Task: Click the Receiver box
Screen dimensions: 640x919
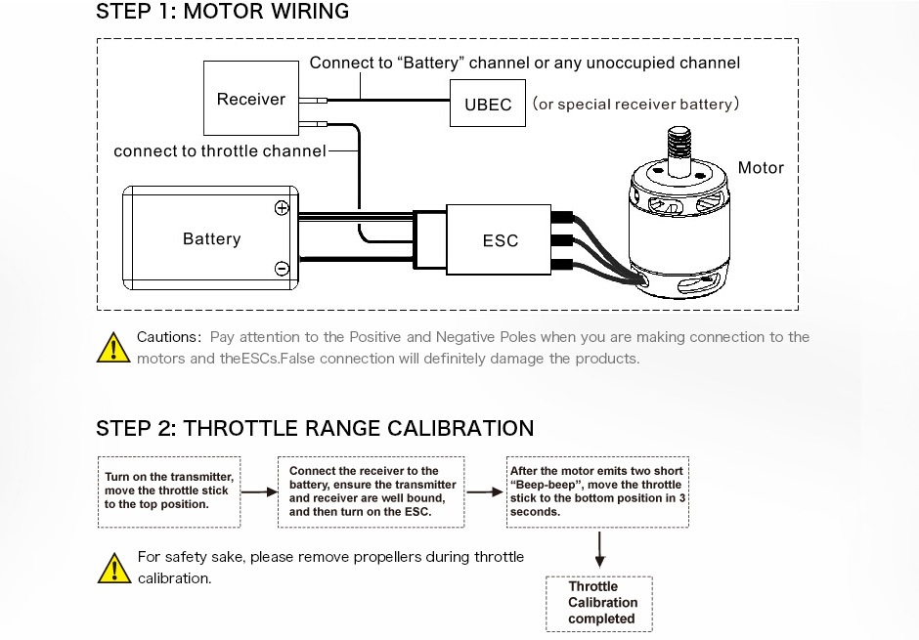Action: (251, 99)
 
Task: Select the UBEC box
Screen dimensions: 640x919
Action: (487, 104)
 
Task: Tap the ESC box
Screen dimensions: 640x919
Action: (500, 240)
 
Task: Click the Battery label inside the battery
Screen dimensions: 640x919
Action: (211, 239)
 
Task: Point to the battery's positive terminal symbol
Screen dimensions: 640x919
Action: (282, 208)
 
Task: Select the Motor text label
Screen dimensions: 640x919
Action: (761, 168)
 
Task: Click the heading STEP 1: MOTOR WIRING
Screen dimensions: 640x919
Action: (222, 13)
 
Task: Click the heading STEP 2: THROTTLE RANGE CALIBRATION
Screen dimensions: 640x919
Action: (315, 429)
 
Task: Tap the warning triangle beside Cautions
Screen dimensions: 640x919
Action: (113, 347)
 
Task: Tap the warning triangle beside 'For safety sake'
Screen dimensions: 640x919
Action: (113, 567)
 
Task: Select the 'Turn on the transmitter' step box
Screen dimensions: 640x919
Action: (168, 491)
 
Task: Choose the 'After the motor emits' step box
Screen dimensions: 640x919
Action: (599, 491)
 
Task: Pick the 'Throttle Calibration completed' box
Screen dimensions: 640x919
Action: (598, 603)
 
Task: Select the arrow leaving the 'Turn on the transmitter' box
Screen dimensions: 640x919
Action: (258, 492)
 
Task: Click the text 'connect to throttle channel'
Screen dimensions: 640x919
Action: (220, 151)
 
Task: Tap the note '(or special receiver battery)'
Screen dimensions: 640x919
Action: (635, 105)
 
